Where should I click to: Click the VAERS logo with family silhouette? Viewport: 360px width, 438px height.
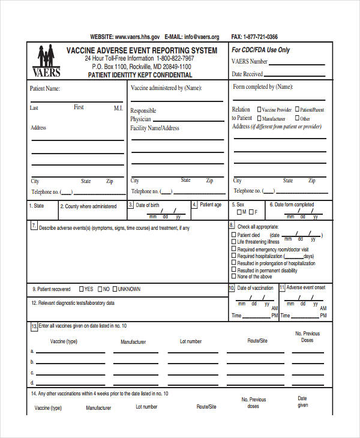[46, 62]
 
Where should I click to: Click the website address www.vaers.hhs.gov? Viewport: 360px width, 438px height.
[137, 37]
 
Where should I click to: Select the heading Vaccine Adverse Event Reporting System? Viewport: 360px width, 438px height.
[142, 50]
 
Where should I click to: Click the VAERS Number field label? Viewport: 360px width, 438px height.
[250, 61]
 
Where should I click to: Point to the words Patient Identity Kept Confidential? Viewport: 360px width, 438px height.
[140, 76]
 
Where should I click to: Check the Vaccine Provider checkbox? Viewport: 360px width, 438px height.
[259, 110]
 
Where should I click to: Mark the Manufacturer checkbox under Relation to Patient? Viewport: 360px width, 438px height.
[259, 119]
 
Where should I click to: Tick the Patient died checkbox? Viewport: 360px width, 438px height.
[234, 235]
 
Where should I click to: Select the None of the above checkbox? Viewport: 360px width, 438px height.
[234, 277]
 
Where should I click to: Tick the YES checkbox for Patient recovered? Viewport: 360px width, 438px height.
[81, 289]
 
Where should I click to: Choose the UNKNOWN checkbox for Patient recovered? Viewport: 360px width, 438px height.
[115, 289]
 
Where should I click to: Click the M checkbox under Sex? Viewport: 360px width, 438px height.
[239, 212]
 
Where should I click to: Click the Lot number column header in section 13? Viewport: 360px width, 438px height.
[191, 341]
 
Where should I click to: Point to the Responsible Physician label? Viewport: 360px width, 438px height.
[143, 115]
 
